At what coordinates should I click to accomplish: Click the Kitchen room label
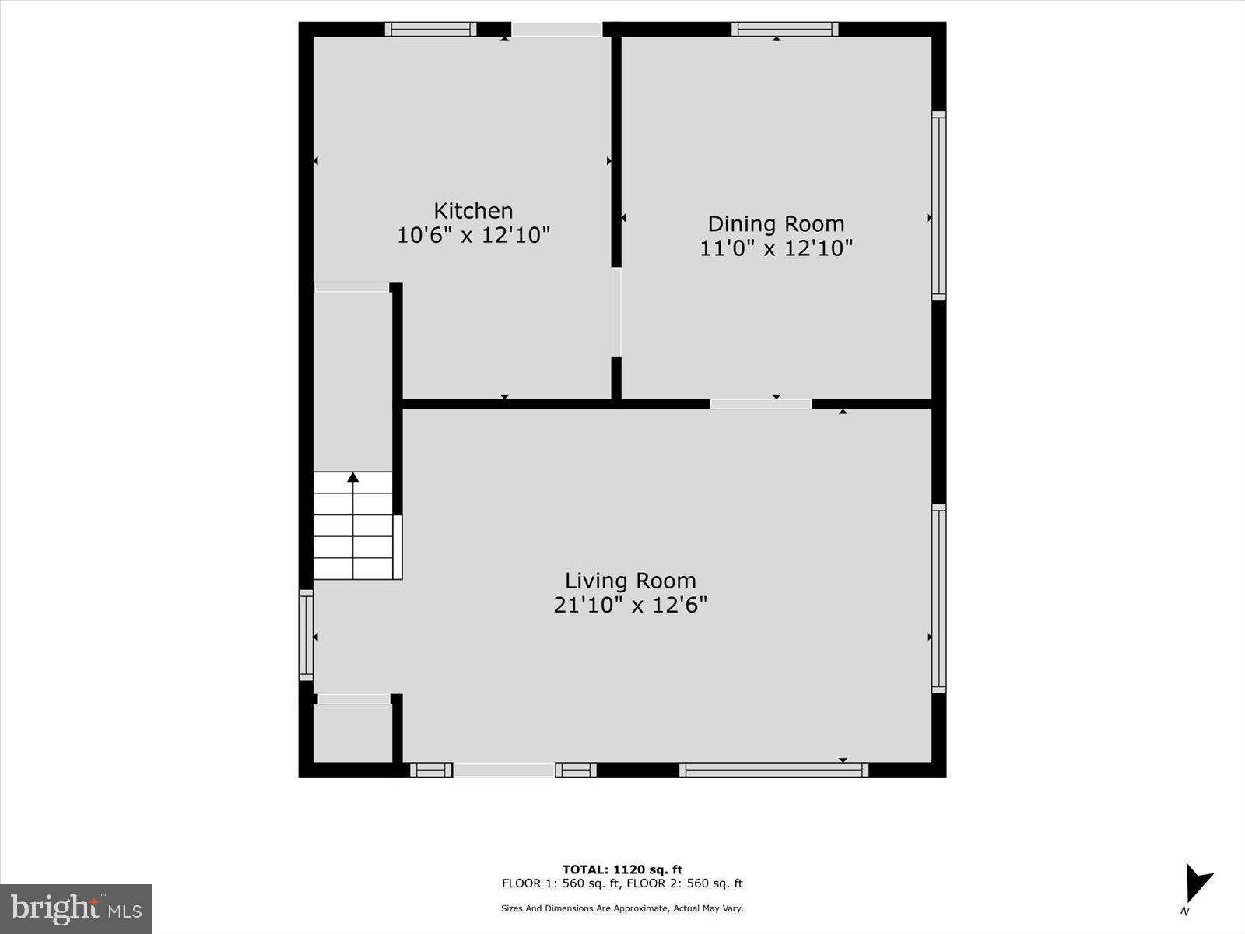point(473,211)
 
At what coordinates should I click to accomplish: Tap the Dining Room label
point(776,224)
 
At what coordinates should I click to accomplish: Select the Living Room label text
point(630,581)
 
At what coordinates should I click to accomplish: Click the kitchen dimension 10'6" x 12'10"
point(473,235)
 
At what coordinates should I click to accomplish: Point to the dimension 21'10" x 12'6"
point(630,605)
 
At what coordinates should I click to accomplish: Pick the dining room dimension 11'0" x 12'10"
point(776,248)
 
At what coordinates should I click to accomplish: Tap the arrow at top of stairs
point(353,476)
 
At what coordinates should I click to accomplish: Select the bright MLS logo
point(75,908)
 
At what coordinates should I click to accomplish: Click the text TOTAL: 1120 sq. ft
point(622,869)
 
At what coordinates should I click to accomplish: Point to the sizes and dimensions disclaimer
point(622,908)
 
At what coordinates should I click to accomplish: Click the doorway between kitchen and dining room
point(616,312)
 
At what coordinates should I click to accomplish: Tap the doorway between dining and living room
point(760,404)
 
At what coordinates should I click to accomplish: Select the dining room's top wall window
point(784,30)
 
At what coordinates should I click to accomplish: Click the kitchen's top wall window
point(430,30)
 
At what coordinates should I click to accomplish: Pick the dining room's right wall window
point(939,205)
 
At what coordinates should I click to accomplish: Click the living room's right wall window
point(939,599)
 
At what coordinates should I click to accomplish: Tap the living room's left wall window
point(306,635)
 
